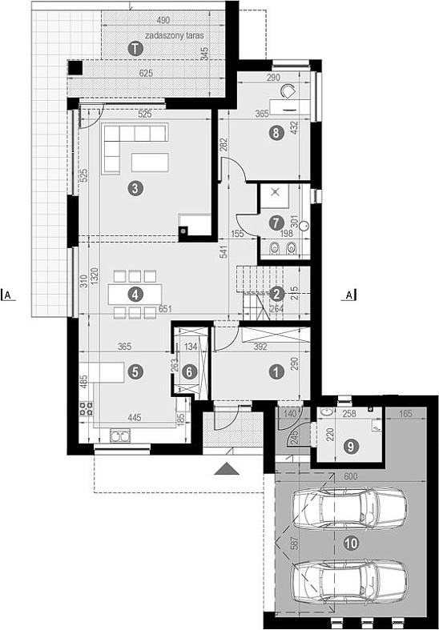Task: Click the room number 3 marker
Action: pos(135,188)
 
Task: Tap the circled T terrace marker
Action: pos(135,49)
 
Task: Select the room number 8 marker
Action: pos(276,133)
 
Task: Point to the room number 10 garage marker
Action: pos(351,544)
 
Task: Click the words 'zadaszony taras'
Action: pos(175,35)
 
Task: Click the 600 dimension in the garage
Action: pos(351,476)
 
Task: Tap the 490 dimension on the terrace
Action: pos(163,20)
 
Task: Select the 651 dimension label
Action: pos(165,309)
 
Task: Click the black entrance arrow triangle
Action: pos(227,469)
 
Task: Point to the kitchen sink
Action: pos(121,436)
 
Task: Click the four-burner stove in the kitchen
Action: pos(86,408)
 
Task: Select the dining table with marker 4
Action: pos(135,295)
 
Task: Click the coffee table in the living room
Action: pos(150,163)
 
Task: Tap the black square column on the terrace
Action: pos(75,67)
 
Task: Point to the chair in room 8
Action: pos(288,91)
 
